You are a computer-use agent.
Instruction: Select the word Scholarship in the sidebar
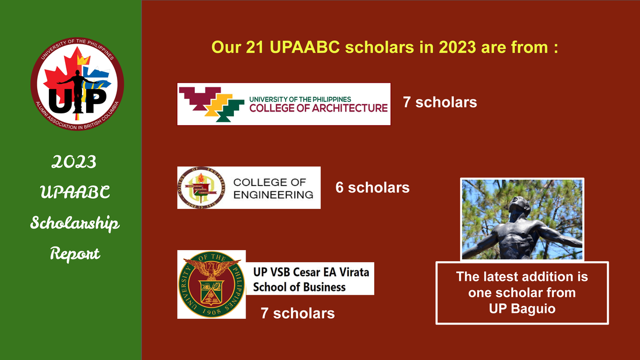[x=74, y=223]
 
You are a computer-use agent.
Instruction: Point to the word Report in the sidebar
[x=74, y=254]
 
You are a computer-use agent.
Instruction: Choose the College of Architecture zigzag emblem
[x=212, y=104]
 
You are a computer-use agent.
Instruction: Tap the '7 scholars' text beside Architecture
[x=440, y=102]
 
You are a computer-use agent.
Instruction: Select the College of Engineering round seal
[x=200, y=187]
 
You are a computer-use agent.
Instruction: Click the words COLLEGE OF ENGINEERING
[x=273, y=188]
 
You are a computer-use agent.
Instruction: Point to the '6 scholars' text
[x=372, y=188]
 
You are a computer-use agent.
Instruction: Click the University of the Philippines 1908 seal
[x=211, y=284]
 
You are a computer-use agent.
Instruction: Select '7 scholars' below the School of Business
[x=297, y=313]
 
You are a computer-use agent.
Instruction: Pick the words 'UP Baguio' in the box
[x=522, y=309]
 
